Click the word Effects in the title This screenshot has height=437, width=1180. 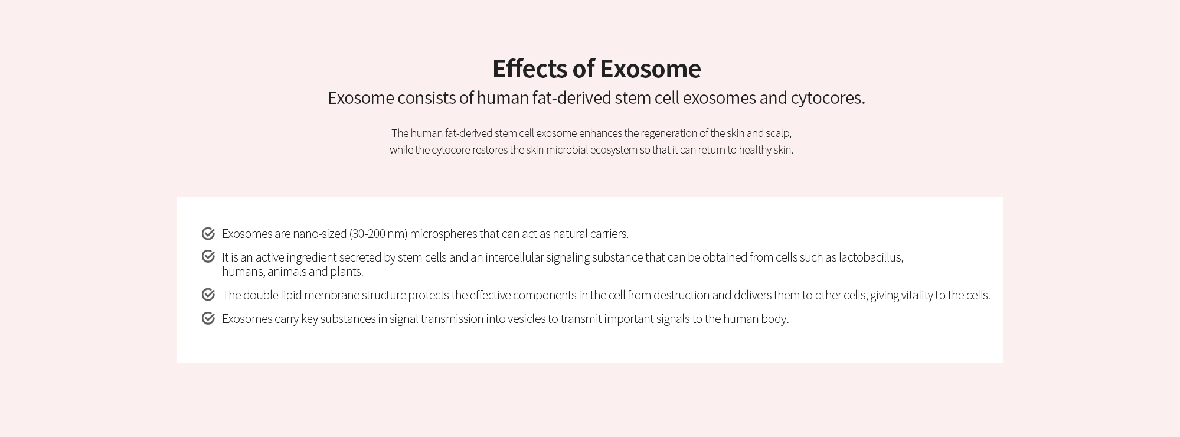tap(530, 69)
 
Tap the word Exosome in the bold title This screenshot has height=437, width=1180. tap(651, 69)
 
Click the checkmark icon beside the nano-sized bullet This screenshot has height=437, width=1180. tap(208, 234)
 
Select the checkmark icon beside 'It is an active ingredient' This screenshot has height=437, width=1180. tap(208, 256)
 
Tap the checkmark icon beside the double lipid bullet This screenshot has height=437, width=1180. tap(208, 295)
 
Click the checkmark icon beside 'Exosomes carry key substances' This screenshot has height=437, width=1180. tap(208, 318)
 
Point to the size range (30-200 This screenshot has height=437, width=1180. tap(367, 234)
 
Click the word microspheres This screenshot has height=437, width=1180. tap(443, 234)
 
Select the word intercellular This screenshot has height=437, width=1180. tap(514, 257)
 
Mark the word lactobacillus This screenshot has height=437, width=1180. tap(871, 257)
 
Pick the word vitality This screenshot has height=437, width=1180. tap(917, 295)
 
